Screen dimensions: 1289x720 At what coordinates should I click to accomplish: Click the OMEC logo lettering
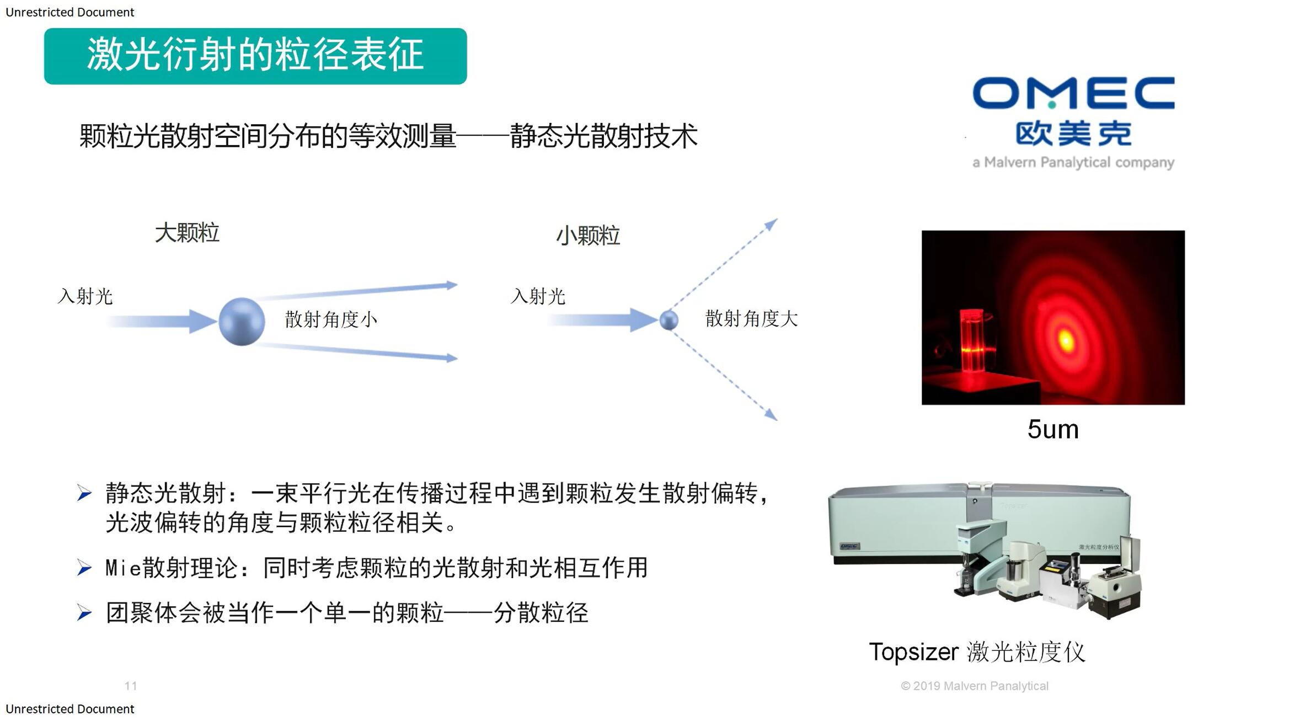[x=1073, y=93]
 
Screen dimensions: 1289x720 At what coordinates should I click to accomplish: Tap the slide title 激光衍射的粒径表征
[x=255, y=55]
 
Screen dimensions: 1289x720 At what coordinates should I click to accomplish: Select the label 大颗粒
[x=187, y=233]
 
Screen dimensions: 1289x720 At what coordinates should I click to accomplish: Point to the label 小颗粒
[x=588, y=236]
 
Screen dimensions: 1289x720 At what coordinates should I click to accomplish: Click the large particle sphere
[x=242, y=322]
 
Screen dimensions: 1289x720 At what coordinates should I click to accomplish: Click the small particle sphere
[x=669, y=320]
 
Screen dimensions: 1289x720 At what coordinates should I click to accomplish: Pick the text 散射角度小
[x=331, y=319]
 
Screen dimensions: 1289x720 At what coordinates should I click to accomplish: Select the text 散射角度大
[x=751, y=318]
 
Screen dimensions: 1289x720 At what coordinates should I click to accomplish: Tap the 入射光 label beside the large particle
[x=85, y=296]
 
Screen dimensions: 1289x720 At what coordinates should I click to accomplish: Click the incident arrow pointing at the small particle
[x=603, y=320]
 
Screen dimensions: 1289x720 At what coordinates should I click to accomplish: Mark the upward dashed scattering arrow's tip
[x=777, y=219]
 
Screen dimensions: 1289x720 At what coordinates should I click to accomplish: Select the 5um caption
[x=1053, y=429]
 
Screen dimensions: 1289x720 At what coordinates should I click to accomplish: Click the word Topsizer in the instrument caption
[x=913, y=652]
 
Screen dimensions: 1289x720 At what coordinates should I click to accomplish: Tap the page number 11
[x=131, y=686]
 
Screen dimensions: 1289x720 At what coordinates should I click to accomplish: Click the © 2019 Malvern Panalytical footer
[x=975, y=686]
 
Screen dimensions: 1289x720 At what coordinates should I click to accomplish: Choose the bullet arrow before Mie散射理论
[x=84, y=567]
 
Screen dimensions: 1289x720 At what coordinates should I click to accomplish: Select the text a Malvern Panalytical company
[x=1073, y=162]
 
